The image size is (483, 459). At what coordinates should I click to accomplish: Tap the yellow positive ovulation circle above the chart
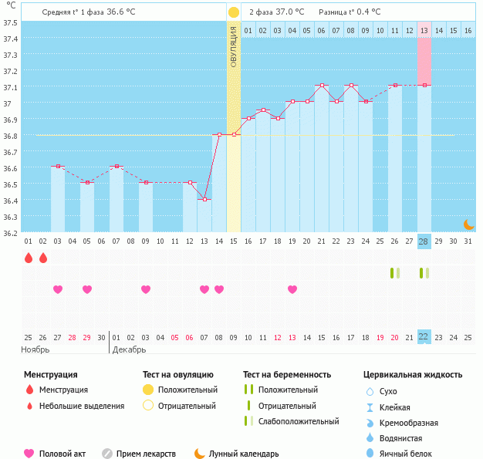click(x=234, y=13)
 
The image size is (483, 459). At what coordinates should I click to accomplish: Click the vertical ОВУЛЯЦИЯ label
click(x=234, y=47)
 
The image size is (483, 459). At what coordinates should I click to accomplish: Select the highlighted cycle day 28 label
click(x=424, y=241)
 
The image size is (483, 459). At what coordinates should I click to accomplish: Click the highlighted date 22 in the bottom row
click(x=424, y=337)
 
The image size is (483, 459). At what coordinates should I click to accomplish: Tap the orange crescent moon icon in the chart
click(x=468, y=224)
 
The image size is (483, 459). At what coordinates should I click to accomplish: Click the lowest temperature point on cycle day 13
click(x=204, y=200)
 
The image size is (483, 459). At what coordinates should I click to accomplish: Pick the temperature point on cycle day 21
click(x=322, y=85)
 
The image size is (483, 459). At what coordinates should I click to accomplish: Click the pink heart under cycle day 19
click(x=292, y=289)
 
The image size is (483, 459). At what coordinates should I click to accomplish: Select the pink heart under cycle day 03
click(x=58, y=289)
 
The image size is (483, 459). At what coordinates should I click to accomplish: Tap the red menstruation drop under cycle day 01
click(x=29, y=258)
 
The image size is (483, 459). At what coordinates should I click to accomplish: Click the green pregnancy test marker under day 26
click(x=394, y=273)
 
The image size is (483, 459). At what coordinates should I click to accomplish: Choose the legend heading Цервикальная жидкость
click(x=413, y=374)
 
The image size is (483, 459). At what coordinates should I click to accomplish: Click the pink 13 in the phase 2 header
click(x=424, y=31)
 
